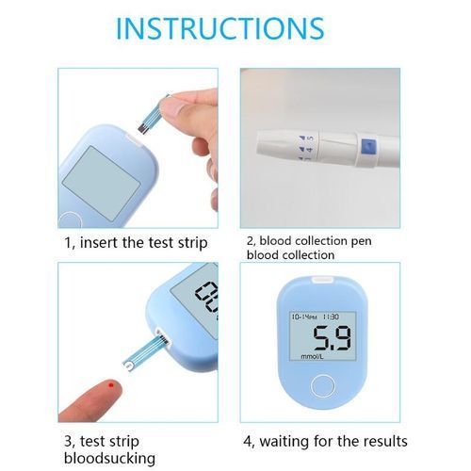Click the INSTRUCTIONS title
pos(219,28)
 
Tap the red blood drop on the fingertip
pos(111,385)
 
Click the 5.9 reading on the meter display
pos(333,338)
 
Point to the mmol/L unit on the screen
pos(312,356)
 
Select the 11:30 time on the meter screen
pos(331,317)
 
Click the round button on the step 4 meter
pos(322,386)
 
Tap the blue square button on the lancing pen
pos(368,147)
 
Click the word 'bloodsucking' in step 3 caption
pos(109,458)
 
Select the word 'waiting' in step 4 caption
pos(284,441)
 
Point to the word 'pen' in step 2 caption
pos(361,241)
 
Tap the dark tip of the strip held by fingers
pos(143,128)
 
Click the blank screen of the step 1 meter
pos(102,183)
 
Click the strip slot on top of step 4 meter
pos(322,280)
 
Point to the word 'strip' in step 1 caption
pos(192,243)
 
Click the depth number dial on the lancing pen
pos(306,147)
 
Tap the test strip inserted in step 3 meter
pos(147,351)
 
